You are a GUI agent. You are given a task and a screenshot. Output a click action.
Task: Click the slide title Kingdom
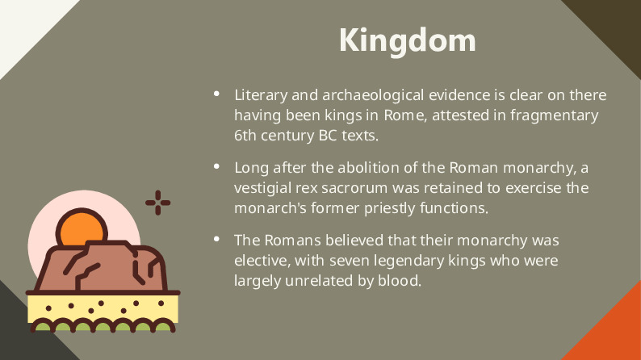pyautogui.click(x=407, y=40)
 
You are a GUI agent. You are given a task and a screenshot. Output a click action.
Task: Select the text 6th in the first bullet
pyautogui.click(x=245, y=136)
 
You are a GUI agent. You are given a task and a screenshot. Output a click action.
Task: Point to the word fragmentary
pyautogui.click(x=554, y=115)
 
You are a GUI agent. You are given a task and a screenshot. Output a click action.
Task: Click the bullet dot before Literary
pyautogui.click(x=216, y=94)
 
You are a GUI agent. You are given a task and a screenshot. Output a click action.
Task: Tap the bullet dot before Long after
pyautogui.click(x=216, y=167)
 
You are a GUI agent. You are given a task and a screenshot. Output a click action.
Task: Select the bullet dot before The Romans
pyautogui.click(x=216, y=240)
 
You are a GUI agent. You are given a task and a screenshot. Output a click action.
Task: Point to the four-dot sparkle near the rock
pyautogui.click(x=158, y=203)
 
